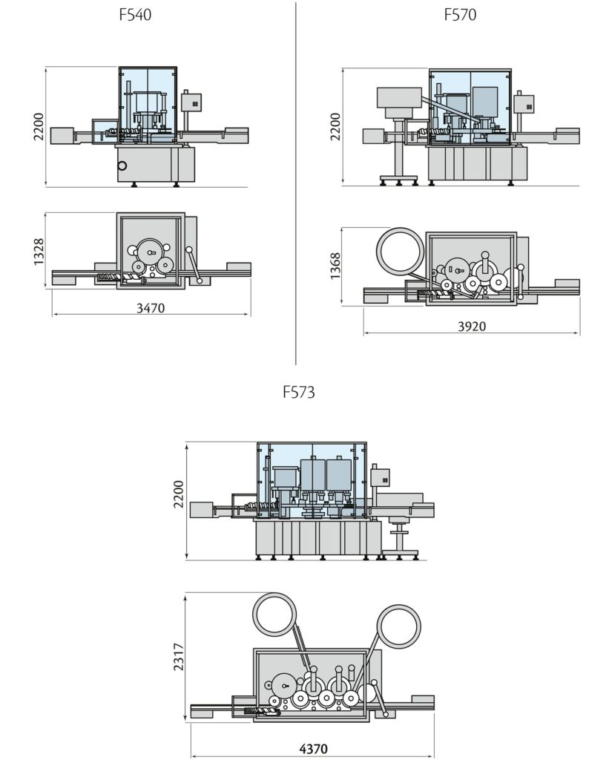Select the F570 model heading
click(x=460, y=14)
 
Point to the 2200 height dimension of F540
click(x=39, y=127)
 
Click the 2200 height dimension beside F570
click(x=335, y=126)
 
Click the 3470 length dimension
click(x=151, y=307)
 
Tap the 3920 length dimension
click(x=472, y=327)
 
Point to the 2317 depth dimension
click(x=178, y=657)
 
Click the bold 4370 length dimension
click(x=312, y=749)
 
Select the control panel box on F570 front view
click(x=525, y=104)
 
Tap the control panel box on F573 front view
click(x=381, y=476)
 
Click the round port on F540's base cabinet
click(x=122, y=166)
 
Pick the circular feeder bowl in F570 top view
click(x=399, y=250)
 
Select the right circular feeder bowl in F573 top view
click(x=398, y=626)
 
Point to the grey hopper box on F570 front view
click(x=399, y=98)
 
